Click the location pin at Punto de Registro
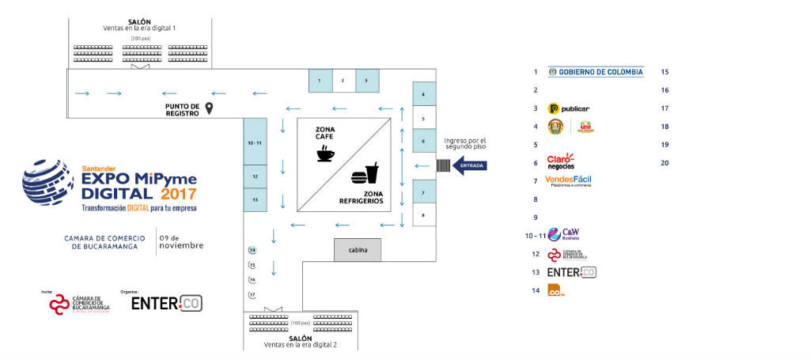point(210,108)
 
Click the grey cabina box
point(358,250)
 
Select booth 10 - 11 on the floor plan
point(255,143)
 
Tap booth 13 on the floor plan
point(255,200)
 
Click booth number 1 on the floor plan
point(320,81)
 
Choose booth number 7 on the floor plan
point(424,192)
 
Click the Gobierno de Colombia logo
point(596,72)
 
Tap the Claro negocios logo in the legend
point(561,161)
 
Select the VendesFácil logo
point(568,180)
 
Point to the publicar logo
point(569,108)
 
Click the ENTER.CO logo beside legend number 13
point(571,272)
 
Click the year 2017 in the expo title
point(178,193)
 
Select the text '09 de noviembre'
point(181,241)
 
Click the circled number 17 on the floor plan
point(252,294)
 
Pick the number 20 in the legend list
point(665,162)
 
